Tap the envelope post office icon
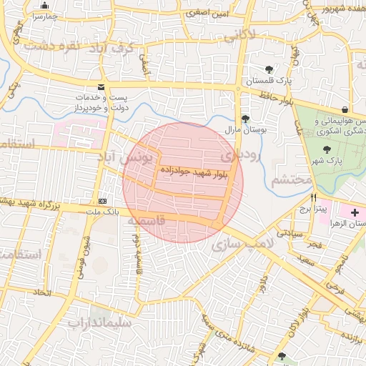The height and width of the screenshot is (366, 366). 102,86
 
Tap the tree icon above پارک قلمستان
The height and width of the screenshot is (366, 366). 269,70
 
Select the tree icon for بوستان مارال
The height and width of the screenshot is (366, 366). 246,119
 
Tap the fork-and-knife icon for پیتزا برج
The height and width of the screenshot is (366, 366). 312,197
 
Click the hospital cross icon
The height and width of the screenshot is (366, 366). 355,213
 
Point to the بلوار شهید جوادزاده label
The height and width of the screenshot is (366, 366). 195,172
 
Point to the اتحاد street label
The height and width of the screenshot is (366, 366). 42,293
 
